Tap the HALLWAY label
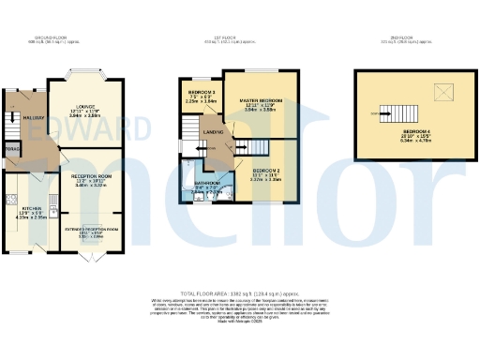[x=20, y=117]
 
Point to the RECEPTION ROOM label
[x=91, y=175]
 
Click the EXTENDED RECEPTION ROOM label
[x=91, y=229]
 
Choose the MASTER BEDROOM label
[x=261, y=99]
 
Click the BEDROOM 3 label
[x=202, y=92]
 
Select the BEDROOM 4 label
[x=417, y=131]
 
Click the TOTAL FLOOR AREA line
[x=240, y=293]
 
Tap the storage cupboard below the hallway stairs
[x=12, y=149]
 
